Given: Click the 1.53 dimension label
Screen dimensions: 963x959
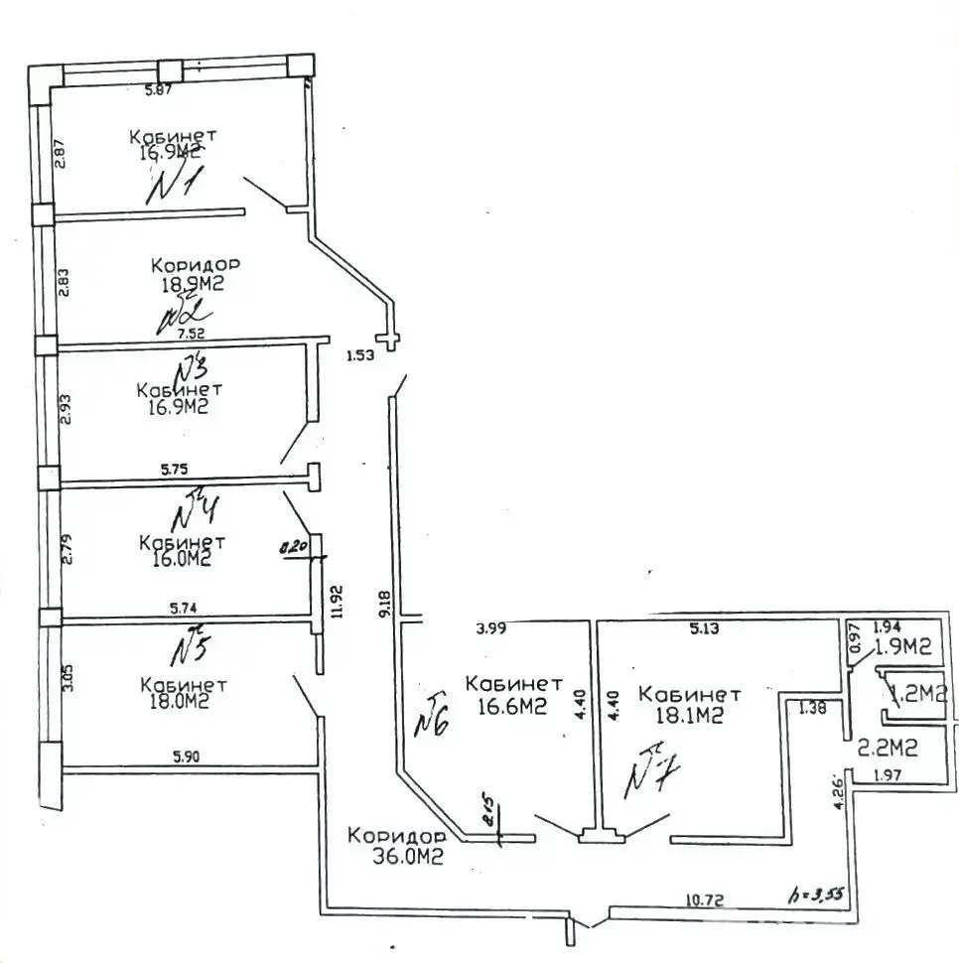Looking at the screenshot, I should (360, 355).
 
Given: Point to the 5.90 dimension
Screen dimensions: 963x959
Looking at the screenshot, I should (187, 757).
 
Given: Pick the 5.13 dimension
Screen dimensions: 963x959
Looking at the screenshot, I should (705, 627).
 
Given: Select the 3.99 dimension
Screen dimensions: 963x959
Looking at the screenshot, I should (493, 627).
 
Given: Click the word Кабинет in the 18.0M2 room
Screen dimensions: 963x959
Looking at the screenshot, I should (184, 686).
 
